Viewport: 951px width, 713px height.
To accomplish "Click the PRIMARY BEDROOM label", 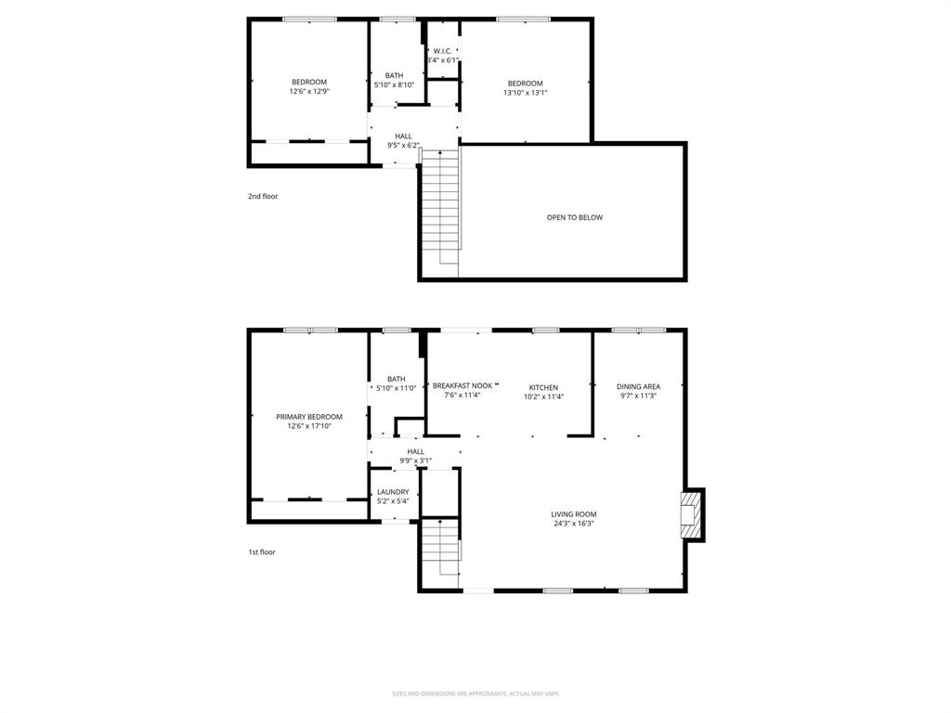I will (309, 417).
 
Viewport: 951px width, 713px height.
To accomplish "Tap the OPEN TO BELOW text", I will (574, 217).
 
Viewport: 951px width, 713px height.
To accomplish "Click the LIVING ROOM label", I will (573, 513).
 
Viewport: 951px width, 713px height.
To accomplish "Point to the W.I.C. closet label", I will (442, 50).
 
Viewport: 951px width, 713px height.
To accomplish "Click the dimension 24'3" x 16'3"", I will (573, 524).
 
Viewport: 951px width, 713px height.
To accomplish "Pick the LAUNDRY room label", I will (393, 492).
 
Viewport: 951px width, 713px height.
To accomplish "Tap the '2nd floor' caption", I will (263, 196).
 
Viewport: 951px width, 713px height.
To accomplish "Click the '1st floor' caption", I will (262, 551).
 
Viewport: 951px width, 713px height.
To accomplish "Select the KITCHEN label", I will (543, 387).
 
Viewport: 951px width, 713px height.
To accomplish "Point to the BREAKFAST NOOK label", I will (462, 385).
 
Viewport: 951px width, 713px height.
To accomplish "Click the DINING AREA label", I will (638, 386).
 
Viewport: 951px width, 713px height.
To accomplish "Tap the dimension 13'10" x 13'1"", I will (525, 93).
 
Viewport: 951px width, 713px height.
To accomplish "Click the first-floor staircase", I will (441, 548).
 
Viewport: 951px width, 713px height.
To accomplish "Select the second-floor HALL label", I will (403, 136).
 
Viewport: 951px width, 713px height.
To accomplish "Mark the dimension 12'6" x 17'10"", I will (309, 427).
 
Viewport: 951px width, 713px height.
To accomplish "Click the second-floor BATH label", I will (394, 75).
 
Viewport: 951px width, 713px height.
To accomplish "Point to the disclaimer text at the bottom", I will (475, 694).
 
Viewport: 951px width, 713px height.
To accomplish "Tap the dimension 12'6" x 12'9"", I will (309, 92).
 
